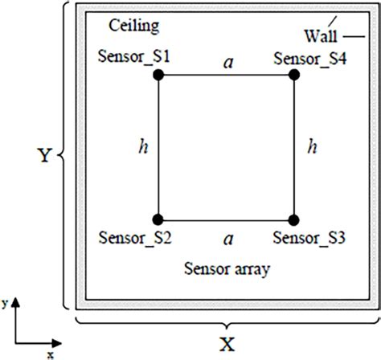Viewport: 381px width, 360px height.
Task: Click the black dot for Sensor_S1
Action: coord(158,75)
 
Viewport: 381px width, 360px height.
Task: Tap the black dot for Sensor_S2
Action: coord(158,219)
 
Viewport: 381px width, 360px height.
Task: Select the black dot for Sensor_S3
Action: coord(293,219)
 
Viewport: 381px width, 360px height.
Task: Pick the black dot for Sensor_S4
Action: coord(293,75)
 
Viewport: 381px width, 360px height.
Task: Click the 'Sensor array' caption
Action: coord(227,269)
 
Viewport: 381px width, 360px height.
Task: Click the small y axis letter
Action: coord(6,304)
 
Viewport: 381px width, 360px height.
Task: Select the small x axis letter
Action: coord(50,353)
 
